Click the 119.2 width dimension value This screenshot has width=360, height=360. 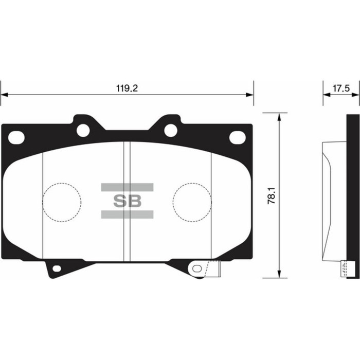tap(127, 88)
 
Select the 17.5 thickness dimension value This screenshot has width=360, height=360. tap(340, 88)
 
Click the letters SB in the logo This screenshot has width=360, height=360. tap(127, 201)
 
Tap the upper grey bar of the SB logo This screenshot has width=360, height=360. tap(127, 187)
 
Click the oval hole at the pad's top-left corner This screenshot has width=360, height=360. tap(17, 137)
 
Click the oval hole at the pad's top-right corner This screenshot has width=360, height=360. tap(237, 137)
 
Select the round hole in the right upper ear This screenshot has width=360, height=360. tap(171, 131)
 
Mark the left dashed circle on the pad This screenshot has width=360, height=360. tap(61, 201)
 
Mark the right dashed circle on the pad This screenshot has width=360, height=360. tap(192, 201)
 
